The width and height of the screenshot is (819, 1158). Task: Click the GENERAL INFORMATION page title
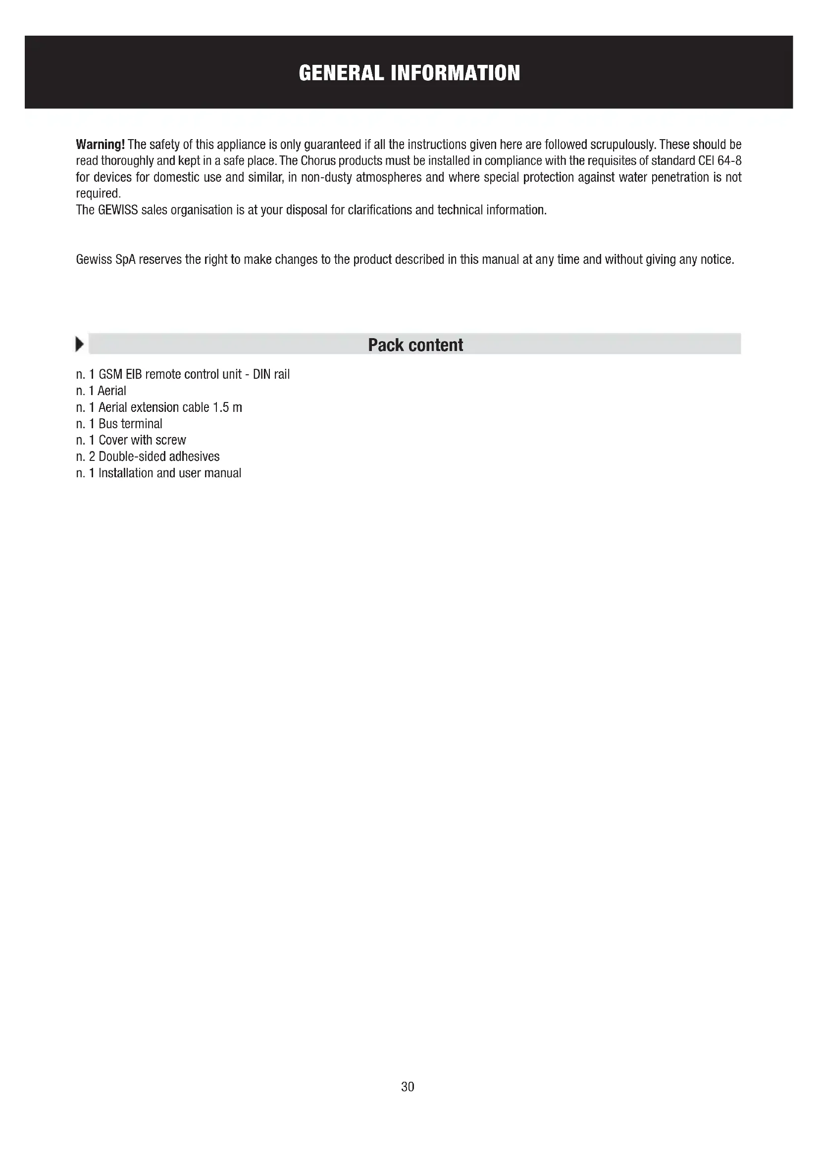tap(409, 73)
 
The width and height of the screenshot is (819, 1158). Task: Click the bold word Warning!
tap(101, 145)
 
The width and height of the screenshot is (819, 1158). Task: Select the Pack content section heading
tap(415, 345)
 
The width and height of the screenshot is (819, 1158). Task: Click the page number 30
tap(408, 1086)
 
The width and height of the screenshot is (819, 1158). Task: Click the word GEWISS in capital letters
tap(118, 210)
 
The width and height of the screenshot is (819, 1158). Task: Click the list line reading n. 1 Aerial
tap(102, 391)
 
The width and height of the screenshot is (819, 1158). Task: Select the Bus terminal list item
tap(130, 424)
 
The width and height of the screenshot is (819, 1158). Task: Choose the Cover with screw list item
tap(142, 440)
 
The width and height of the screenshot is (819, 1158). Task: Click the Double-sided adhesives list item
tap(159, 456)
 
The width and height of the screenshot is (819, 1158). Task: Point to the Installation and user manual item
tap(169, 473)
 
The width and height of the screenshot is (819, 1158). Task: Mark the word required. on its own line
tap(99, 194)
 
